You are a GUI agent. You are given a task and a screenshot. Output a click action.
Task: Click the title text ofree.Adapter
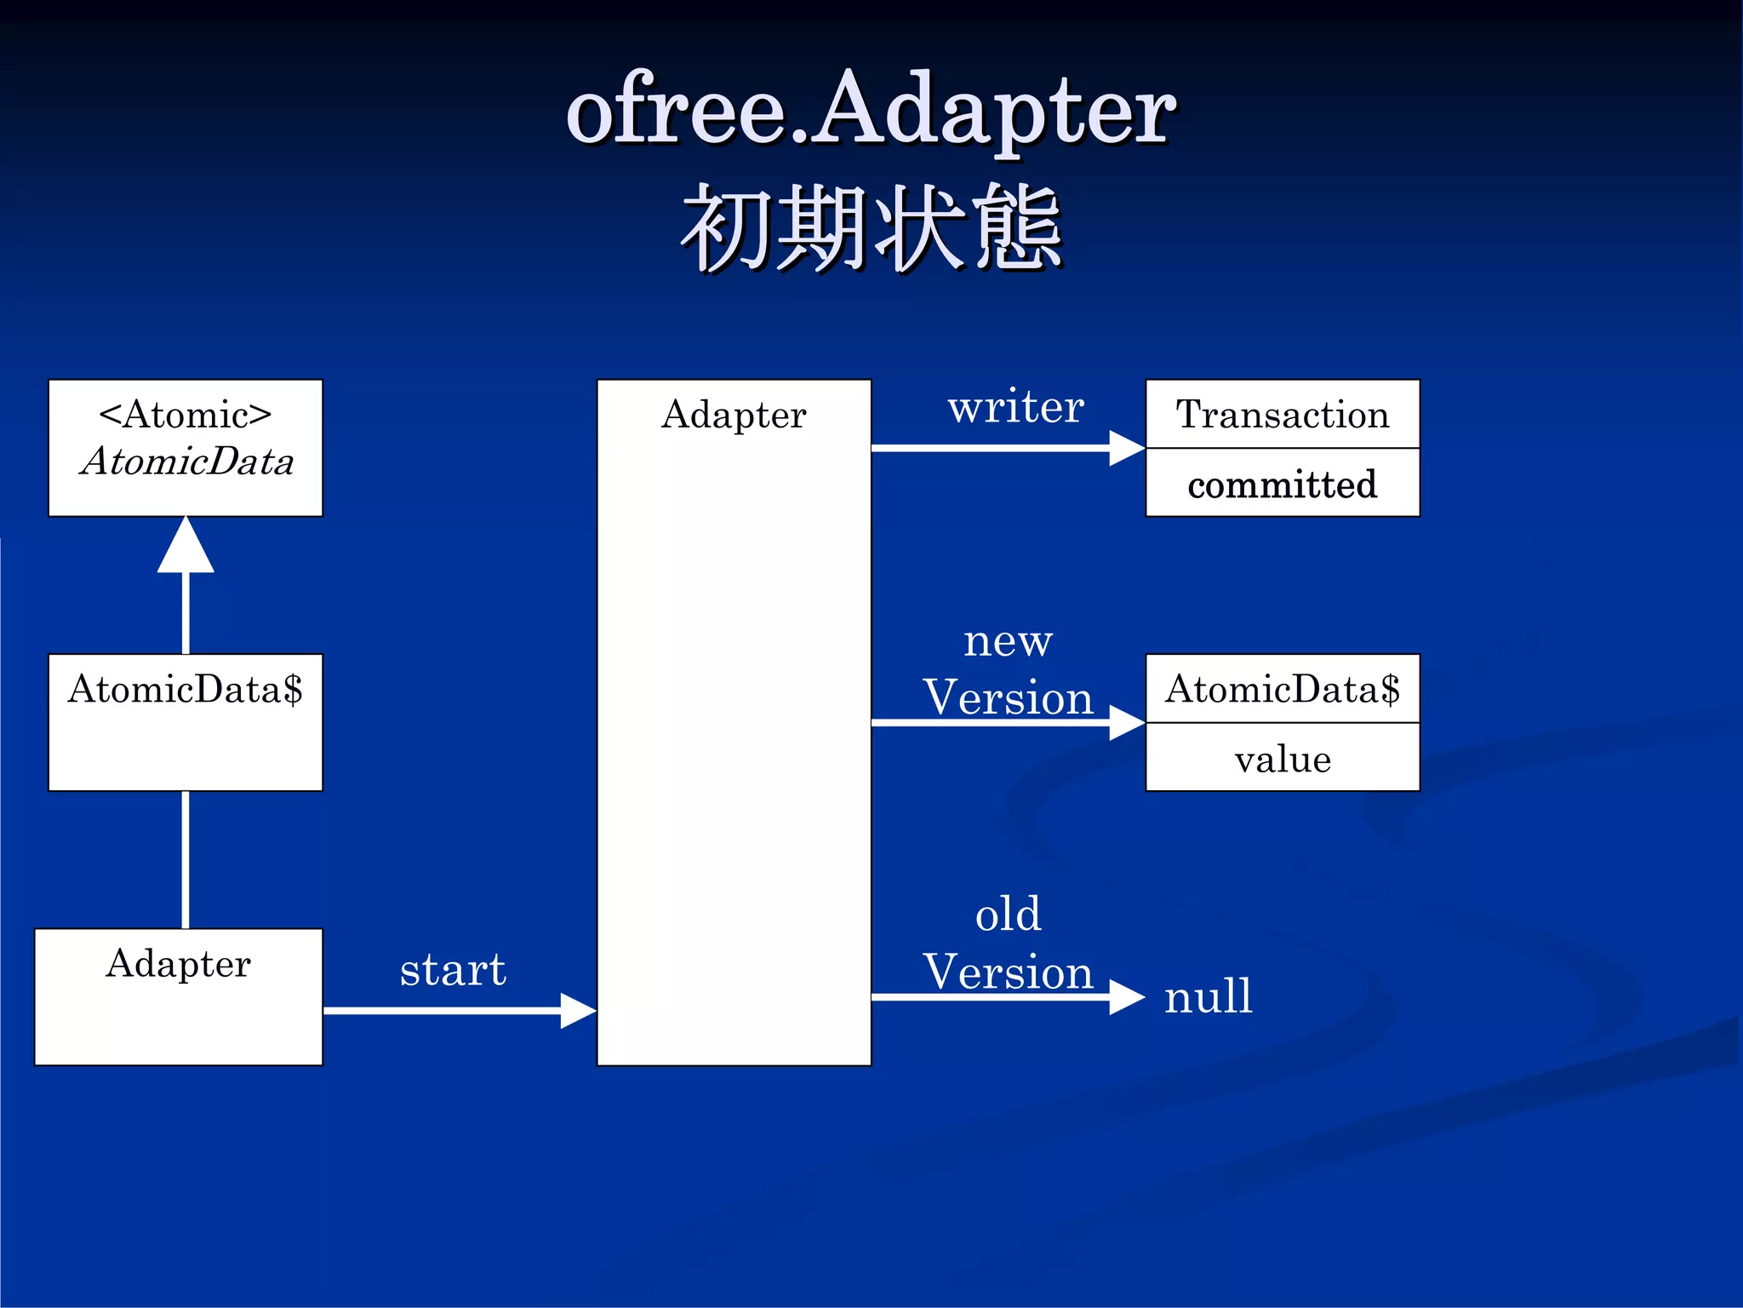[871, 111]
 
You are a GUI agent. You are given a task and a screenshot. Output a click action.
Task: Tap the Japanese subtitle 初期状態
[871, 228]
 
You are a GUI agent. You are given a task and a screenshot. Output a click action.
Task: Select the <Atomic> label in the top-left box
[186, 415]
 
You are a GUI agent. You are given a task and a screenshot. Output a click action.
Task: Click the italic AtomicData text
[187, 462]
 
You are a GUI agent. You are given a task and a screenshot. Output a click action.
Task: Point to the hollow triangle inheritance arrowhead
[186, 547]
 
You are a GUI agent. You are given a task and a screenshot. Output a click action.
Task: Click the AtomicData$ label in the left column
[186, 689]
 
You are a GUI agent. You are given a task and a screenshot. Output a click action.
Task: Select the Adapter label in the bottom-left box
[179, 963]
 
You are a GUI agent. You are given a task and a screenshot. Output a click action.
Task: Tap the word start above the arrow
[453, 969]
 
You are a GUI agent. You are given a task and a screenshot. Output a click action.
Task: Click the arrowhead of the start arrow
[579, 1011]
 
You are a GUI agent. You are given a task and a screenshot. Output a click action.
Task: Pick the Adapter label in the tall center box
[734, 415]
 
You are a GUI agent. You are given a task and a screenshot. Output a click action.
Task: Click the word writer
[1016, 406]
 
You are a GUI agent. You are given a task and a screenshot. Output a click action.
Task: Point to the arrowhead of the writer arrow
[1127, 448]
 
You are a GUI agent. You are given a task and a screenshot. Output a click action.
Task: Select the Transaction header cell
[1283, 415]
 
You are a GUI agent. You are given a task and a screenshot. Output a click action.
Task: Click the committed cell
[1283, 484]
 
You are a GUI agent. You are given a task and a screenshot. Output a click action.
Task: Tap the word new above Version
[1008, 640]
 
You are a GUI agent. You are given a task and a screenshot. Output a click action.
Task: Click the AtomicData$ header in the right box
[1283, 689]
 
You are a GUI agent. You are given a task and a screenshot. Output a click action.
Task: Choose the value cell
[1283, 759]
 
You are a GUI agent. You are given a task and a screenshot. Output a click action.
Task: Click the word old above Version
[1008, 915]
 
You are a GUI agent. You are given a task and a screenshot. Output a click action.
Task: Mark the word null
[1209, 995]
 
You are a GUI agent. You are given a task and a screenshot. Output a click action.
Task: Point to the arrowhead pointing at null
[1127, 997]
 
